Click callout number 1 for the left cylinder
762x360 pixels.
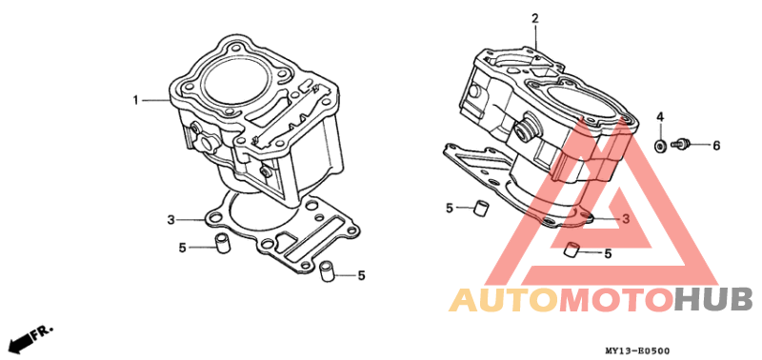click(136, 101)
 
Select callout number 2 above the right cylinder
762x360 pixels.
click(535, 19)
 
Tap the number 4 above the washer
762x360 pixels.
click(660, 116)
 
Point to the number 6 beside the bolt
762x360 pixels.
click(716, 146)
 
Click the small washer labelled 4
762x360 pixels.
click(660, 145)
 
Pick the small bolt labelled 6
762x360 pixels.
click(679, 143)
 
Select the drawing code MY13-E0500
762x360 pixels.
click(637, 350)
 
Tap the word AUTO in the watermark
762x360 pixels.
click(503, 300)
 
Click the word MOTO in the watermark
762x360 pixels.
click(615, 300)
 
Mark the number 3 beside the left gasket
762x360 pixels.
click(170, 220)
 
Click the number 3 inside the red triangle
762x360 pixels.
click(626, 219)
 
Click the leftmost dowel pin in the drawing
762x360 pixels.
click(223, 243)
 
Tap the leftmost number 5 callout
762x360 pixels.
click(182, 248)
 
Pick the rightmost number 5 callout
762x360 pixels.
click(608, 253)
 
